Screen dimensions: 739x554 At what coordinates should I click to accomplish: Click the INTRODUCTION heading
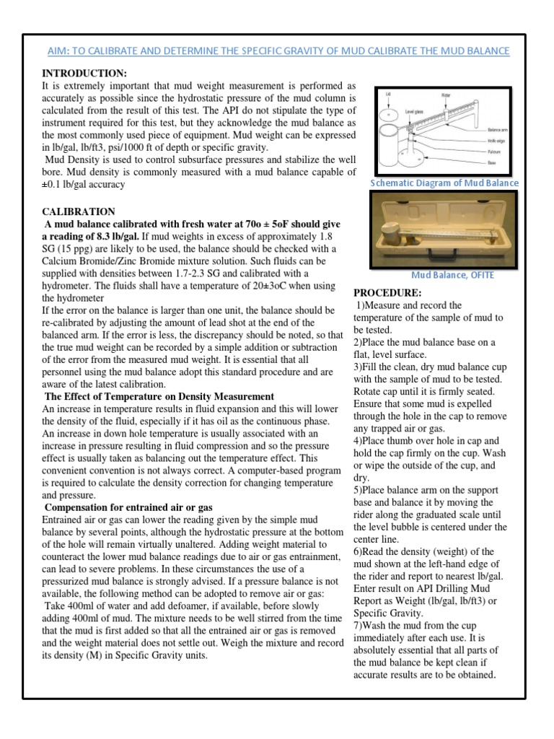(84, 74)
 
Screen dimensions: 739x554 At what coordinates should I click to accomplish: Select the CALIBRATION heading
(79, 211)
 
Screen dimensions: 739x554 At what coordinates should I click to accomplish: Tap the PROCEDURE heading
(387, 293)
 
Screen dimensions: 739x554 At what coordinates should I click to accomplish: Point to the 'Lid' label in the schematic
(388, 95)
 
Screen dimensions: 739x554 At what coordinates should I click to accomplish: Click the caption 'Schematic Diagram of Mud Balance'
(444, 183)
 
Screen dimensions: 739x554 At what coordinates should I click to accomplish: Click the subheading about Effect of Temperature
(159, 396)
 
